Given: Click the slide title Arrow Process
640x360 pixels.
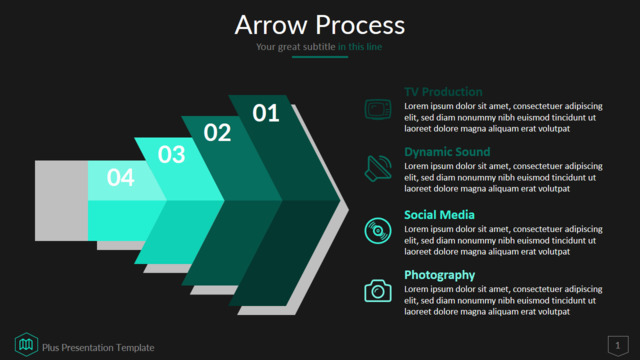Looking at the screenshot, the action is point(320,25).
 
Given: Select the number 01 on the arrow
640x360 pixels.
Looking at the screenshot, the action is point(266,113).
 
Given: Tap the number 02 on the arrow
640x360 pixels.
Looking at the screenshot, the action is point(217,133).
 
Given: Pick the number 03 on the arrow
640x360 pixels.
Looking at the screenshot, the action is point(171,155).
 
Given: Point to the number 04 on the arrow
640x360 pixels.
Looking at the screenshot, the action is point(120,178).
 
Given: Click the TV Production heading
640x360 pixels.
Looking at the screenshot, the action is point(443,92).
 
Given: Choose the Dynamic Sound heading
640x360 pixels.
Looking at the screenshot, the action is point(447,152).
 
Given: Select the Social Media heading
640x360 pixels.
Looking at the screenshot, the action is point(439,215).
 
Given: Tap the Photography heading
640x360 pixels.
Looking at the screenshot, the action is point(440,275).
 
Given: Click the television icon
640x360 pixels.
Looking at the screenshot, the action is point(378,109).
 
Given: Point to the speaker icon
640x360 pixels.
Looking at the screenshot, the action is point(378,168).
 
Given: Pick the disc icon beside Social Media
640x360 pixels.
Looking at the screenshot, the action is point(378,231).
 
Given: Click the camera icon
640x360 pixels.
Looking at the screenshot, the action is point(378,291).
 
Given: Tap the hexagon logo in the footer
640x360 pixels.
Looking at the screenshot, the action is point(27,344).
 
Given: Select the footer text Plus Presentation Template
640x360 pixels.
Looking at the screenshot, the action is point(98,348).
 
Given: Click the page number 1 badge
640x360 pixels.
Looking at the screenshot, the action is point(618,346).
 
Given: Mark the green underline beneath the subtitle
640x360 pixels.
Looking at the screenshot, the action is point(320,57).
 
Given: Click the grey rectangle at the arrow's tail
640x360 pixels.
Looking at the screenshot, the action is point(62,200).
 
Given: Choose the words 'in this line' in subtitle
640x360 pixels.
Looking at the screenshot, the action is point(360,47).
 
